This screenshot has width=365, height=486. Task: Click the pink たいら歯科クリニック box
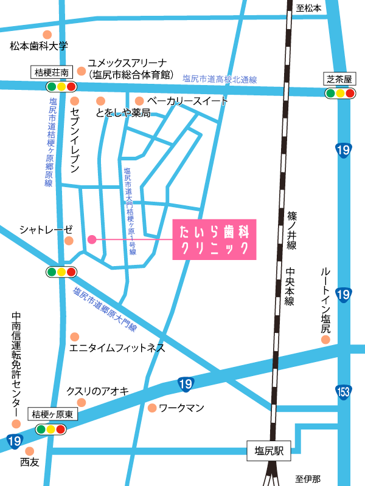214,240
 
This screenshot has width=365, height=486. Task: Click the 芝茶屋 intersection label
339,80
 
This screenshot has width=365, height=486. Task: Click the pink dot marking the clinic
92,239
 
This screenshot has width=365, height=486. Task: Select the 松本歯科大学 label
40,46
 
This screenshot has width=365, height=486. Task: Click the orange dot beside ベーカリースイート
139,101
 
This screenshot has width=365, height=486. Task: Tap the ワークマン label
181,408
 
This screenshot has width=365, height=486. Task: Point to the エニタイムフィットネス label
117,348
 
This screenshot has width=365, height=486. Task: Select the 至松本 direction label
308,8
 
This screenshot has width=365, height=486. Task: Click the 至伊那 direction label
307,479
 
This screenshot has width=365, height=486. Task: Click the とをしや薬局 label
123,113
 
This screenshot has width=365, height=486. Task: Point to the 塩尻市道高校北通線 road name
220,79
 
